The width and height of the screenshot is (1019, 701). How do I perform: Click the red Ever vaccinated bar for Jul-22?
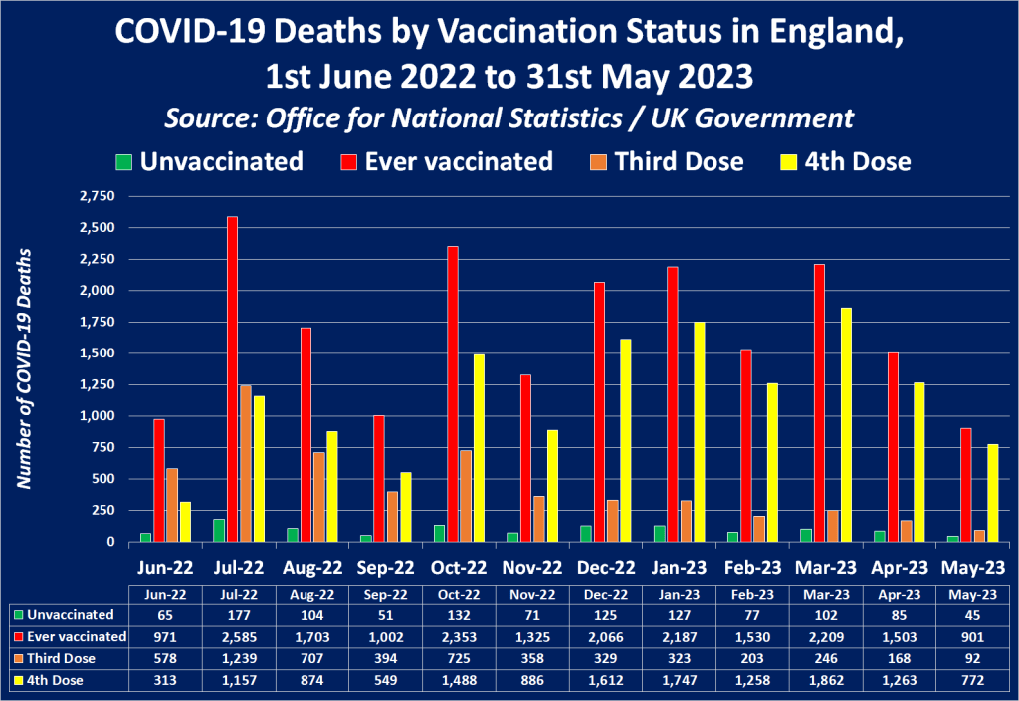click(232, 378)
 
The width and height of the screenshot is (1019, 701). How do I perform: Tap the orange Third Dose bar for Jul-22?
click(245, 463)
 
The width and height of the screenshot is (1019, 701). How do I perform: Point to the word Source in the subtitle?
click(209, 118)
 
